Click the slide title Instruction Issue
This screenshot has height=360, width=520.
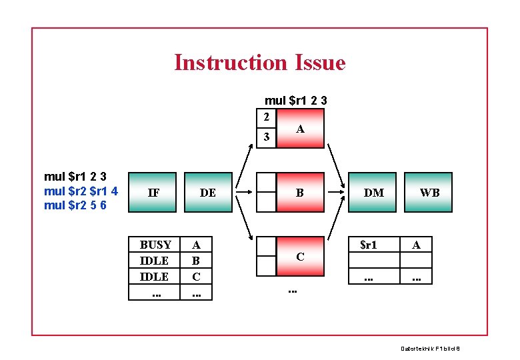click(x=260, y=63)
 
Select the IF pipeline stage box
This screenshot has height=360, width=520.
click(x=153, y=193)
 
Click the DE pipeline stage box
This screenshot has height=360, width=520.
click(x=208, y=193)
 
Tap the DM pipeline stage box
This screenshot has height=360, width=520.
click(x=374, y=193)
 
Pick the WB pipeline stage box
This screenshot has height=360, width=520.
click(x=429, y=193)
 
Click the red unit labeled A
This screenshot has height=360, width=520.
click(x=300, y=129)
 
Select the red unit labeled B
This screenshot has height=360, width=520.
click(x=300, y=193)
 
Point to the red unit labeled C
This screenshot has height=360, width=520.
click(x=300, y=256)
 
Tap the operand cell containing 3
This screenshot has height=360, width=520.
click(x=266, y=137)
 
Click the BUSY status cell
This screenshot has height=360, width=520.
click(x=155, y=245)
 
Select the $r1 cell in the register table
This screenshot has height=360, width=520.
click(x=369, y=245)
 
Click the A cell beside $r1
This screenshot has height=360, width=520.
click(x=416, y=245)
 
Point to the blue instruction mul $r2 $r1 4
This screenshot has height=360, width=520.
click(x=81, y=191)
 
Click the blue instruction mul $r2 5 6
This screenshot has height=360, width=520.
click(x=75, y=205)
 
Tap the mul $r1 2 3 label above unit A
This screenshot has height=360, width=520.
click(x=295, y=101)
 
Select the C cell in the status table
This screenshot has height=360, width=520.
click(x=196, y=276)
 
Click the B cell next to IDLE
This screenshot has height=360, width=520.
click(x=196, y=261)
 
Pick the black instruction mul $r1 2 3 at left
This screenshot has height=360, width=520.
click(x=75, y=177)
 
